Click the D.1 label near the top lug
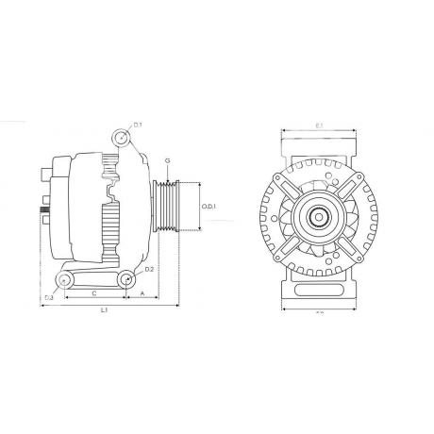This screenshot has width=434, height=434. (137, 125)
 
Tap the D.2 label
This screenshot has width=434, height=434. (149, 270)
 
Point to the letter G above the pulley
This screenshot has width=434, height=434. (167, 162)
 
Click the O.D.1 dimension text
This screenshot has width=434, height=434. (209, 207)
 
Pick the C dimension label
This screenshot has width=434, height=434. (93, 293)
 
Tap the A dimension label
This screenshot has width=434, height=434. (142, 293)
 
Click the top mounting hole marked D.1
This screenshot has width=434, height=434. (121, 138)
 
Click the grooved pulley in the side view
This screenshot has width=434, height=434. (171, 206)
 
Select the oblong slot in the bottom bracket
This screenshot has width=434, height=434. (94, 279)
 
